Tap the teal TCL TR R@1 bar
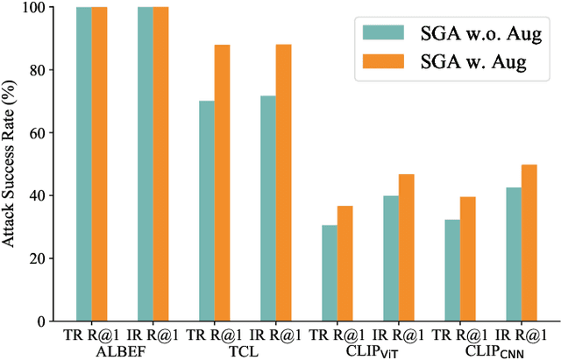pos(207,211)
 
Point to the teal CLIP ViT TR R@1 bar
pos(330,273)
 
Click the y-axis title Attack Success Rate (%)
pos(11,164)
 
